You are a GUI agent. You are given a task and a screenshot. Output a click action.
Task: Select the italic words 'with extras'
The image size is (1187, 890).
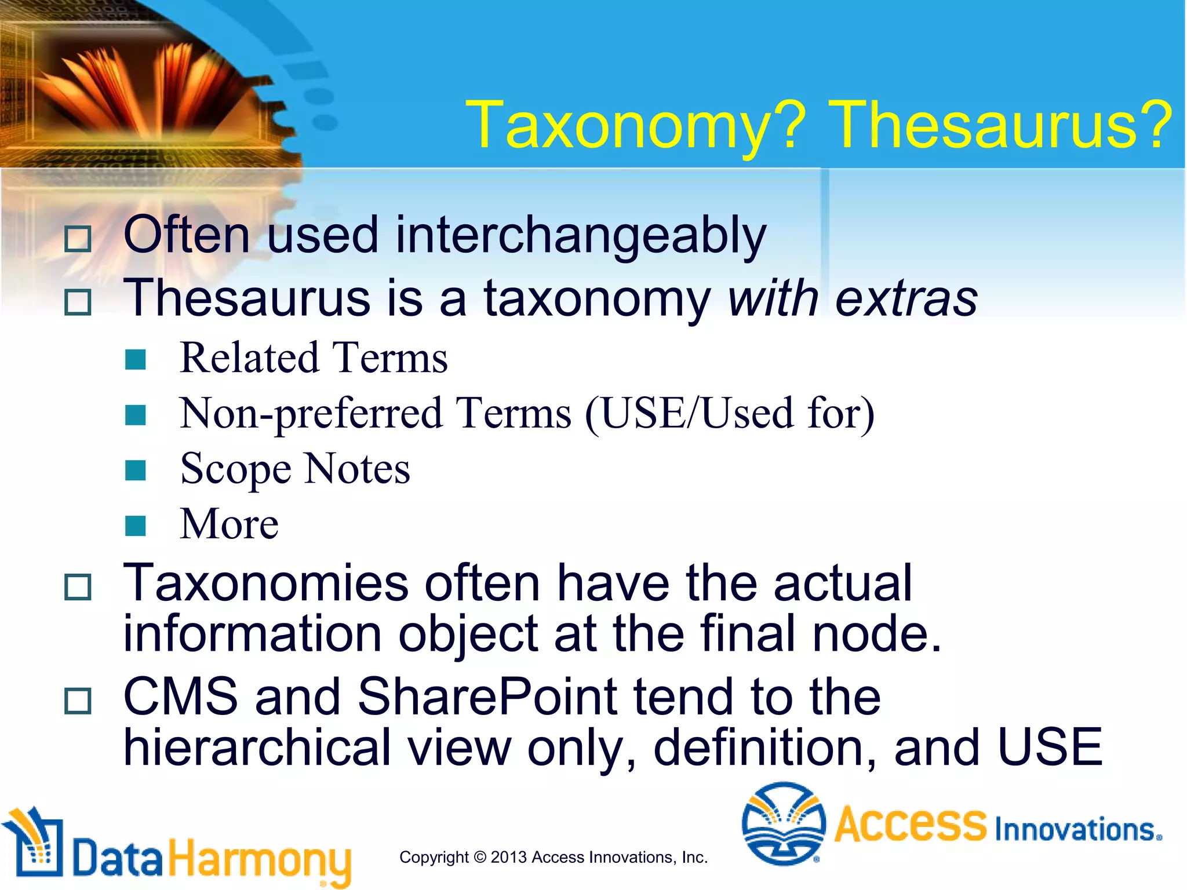click(x=853, y=298)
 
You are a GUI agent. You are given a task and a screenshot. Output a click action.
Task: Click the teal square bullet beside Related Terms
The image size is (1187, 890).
click(x=136, y=360)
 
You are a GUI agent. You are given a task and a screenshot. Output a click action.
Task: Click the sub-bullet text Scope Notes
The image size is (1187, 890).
click(x=295, y=469)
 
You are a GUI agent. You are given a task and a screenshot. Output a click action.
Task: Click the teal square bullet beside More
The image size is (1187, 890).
click(x=136, y=526)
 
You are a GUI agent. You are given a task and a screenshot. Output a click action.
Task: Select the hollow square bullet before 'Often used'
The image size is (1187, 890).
click(x=78, y=239)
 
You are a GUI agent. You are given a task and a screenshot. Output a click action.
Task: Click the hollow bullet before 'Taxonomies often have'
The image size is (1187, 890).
click(x=78, y=587)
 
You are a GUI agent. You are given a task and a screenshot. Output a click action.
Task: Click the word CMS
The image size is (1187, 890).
click(x=181, y=697)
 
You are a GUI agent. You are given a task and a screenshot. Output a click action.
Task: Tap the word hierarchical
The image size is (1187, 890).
click(x=257, y=748)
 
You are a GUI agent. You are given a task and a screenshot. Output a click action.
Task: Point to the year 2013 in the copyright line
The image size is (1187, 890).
click(x=509, y=857)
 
